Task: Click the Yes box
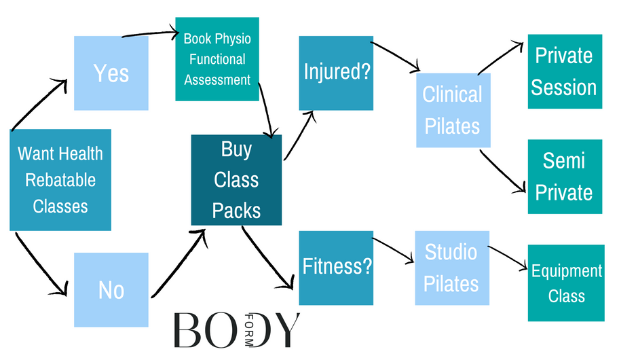coord(111,73)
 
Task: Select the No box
coord(111,290)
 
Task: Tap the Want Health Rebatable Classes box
coord(60,180)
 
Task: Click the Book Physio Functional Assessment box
coord(217,59)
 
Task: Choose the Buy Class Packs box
coord(236,180)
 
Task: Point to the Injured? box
coord(336,73)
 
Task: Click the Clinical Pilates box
coord(453,110)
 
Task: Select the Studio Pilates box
coord(451,268)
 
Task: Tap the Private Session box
coord(564,71)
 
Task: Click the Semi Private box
coord(564,177)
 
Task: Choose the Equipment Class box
coord(566,283)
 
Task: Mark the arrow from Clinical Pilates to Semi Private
coord(502,173)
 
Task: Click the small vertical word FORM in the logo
coord(248,329)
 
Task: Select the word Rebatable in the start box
coord(60,180)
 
